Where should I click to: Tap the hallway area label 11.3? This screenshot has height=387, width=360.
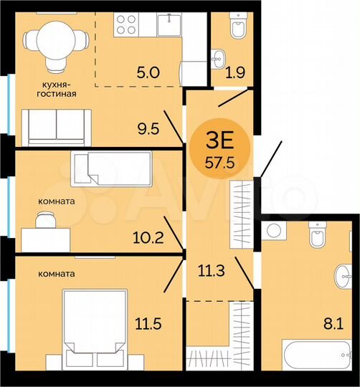click(x=212, y=270)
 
